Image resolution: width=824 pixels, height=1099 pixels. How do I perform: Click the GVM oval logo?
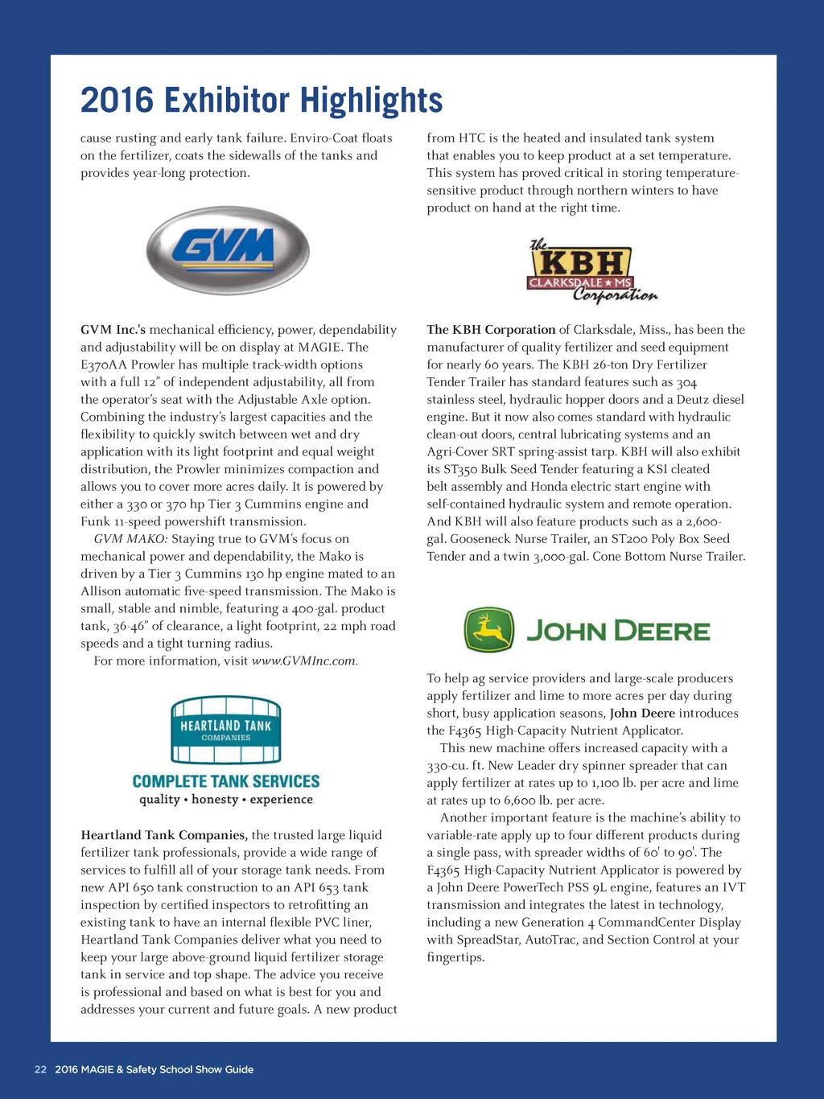228,249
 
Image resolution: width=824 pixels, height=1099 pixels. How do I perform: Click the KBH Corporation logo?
592,271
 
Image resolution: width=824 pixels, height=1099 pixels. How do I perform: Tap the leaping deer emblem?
488,630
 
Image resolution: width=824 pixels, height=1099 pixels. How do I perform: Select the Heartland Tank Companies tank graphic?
226,730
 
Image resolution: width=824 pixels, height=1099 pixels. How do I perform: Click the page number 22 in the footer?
40,1069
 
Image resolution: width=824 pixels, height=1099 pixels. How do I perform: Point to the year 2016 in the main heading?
117,101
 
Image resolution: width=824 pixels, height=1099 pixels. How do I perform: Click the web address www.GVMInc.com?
304,661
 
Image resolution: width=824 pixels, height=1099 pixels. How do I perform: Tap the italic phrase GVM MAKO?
130,539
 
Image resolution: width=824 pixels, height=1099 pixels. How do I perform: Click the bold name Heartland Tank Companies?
164,835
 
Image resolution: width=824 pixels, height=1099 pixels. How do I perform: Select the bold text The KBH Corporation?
491,330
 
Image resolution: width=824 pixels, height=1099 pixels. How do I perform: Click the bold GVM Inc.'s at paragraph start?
113,330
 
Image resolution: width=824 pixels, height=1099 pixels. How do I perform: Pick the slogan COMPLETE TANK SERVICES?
226,781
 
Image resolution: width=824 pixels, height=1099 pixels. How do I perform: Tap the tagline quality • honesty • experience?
226,800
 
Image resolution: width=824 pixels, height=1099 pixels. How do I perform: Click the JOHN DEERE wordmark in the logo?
618,631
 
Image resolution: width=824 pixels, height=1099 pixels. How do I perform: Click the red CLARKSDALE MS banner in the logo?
579,283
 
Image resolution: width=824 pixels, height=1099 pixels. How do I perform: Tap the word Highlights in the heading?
371,101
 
